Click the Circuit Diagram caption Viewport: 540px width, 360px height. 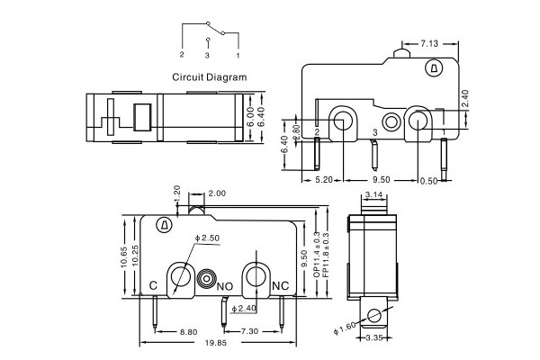point(209,77)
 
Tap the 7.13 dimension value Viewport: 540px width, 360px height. point(430,42)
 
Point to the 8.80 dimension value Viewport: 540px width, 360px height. point(188,332)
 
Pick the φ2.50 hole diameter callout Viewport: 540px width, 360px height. point(209,238)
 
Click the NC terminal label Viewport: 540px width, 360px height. point(279,285)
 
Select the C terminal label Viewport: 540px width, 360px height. point(153,285)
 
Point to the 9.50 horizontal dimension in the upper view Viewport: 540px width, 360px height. point(381,180)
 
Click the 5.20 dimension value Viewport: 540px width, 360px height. point(325,180)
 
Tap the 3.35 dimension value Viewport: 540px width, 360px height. point(373,337)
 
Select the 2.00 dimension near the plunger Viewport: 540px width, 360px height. point(217,193)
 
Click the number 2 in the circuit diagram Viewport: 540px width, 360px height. point(182,55)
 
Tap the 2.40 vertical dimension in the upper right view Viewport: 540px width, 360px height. point(464,100)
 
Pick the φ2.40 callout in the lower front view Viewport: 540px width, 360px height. point(244,310)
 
